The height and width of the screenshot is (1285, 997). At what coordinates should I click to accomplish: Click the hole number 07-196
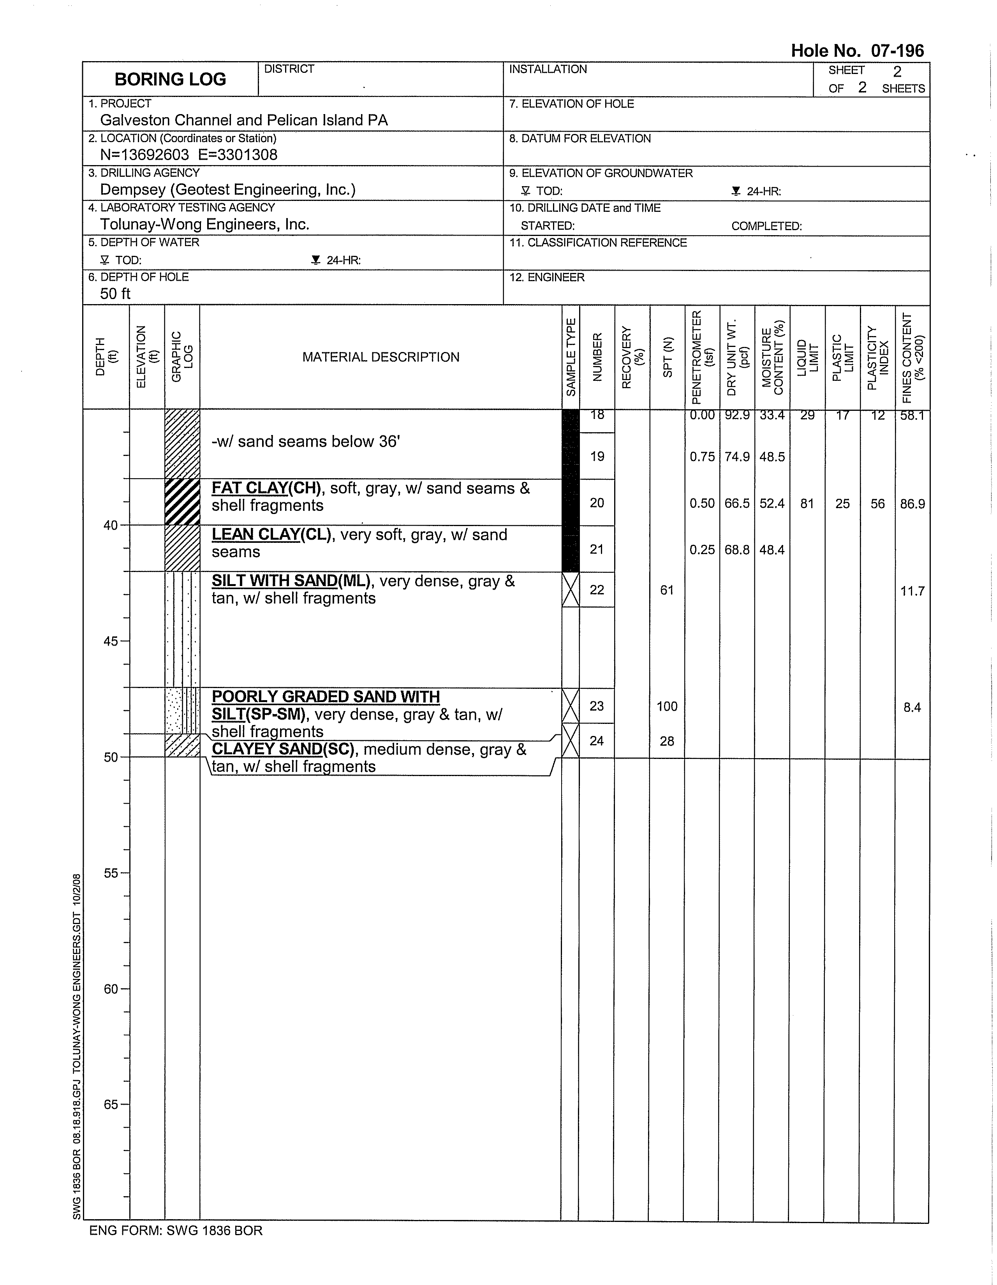(x=857, y=51)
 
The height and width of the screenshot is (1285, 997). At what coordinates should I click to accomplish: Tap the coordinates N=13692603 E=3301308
(x=188, y=155)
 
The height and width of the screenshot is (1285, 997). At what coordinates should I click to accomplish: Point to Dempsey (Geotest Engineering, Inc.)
(x=228, y=190)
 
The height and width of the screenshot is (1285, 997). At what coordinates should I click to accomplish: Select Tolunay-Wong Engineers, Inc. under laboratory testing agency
(x=204, y=224)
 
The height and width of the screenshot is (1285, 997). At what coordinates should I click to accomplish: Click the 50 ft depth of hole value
(x=115, y=294)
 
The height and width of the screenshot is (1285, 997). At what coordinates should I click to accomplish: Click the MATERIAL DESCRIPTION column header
(x=381, y=357)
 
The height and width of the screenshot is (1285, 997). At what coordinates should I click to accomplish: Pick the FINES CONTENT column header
(x=912, y=357)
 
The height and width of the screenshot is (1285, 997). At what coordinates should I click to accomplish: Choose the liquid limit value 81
(x=807, y=503)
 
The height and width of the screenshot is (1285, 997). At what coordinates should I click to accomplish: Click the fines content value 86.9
(x=912, y=503)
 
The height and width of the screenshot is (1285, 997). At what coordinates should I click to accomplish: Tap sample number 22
(x=597, y=590)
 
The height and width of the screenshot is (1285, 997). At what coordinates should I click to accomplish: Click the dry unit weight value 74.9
(x=737, y=457)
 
